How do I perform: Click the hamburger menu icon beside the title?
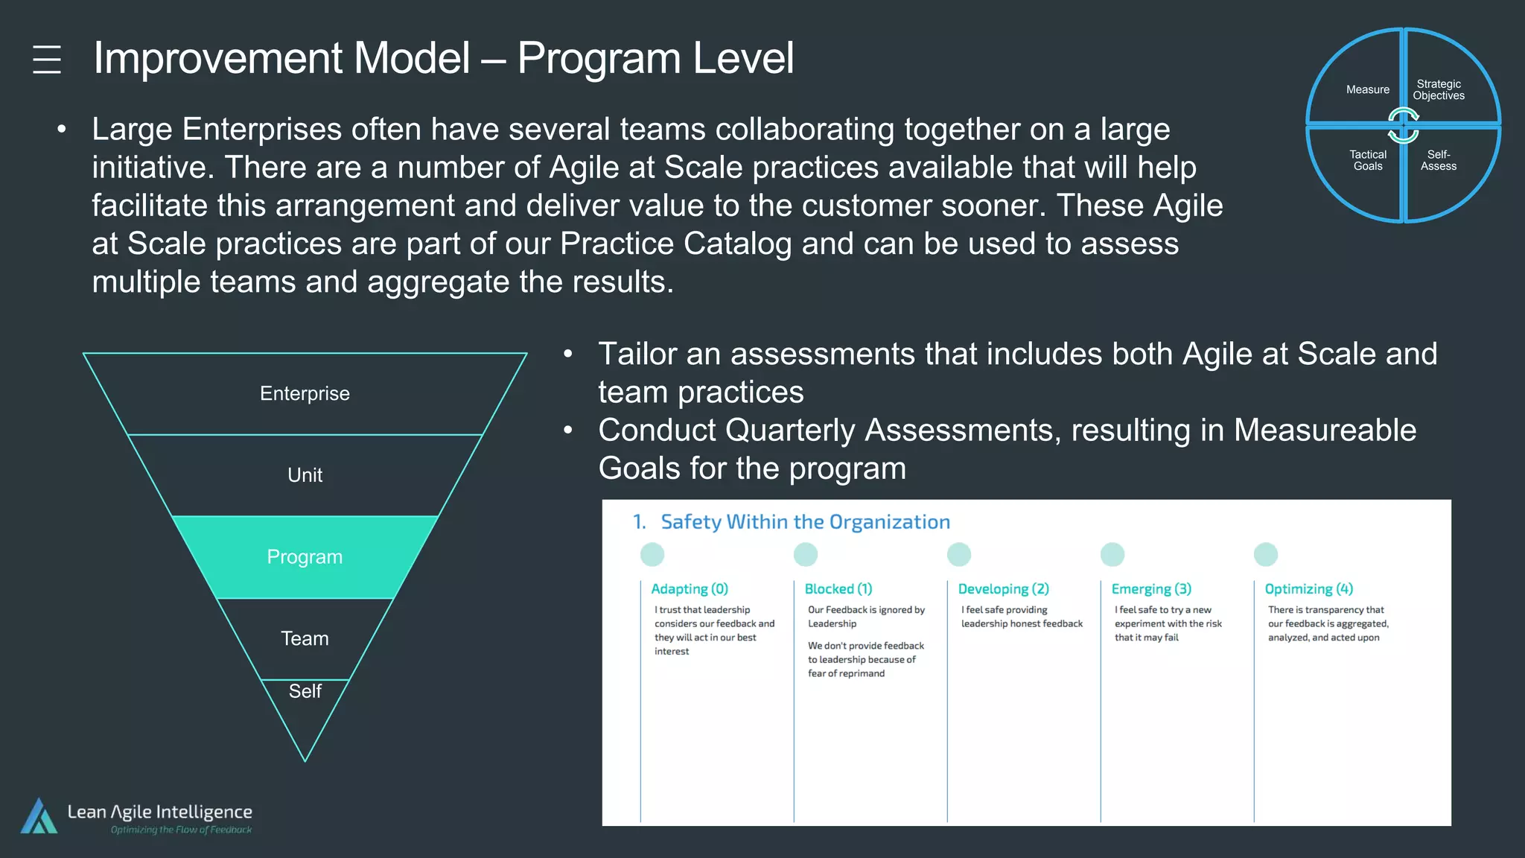coord(47,60)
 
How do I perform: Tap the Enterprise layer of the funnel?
coord(305,393)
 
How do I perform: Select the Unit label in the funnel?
coord(305,475)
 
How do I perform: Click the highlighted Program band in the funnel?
coord(305,557)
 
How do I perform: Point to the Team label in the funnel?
coord(305,638)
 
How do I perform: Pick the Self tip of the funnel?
coord(305,692)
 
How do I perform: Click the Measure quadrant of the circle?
coord(1367,89)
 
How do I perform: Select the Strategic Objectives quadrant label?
coord(1438,89)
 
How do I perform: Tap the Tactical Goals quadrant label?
coord(1367,160)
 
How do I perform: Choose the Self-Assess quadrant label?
coord(1438,160)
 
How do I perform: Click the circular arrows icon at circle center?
coord(1403,125)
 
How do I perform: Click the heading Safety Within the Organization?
coord(805,522)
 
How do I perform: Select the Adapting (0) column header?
coord(690,589)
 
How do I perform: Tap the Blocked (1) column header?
coord(838,589)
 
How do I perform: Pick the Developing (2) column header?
coord(1003,589)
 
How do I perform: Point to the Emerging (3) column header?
coord(1151,589)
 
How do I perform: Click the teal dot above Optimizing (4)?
coord(1265,554)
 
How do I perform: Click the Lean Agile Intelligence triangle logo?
coord(39,816)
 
